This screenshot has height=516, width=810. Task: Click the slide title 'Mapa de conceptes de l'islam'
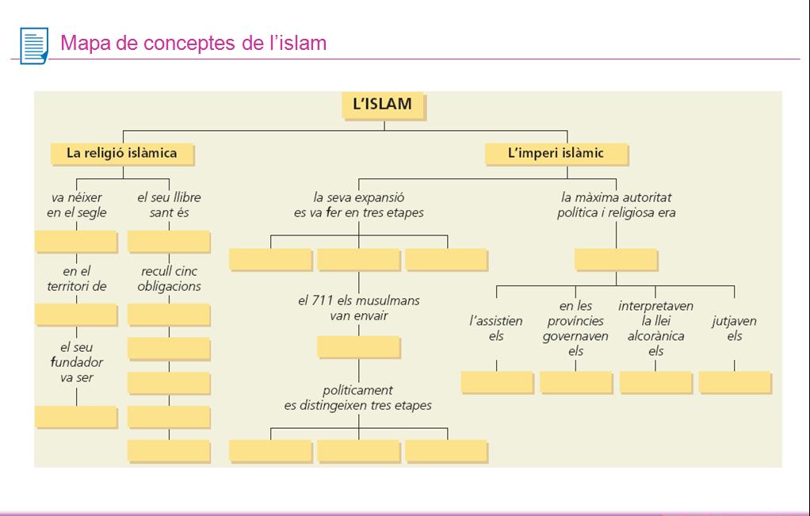[x=193, y=43]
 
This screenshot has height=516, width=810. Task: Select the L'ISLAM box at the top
[x=382, y=105]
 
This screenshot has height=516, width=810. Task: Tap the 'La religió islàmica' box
[x=121, y=153]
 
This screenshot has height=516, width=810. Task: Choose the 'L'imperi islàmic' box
[x=556, y=153]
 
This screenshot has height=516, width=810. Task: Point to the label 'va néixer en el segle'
[x=76, y=204]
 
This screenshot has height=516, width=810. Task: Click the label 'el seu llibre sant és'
[x=168, y=204]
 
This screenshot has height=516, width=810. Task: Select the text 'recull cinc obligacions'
[x=169, y=279]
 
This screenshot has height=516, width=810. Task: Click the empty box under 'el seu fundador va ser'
[x=76, y=416]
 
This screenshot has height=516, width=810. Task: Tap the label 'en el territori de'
[x=76, y=279]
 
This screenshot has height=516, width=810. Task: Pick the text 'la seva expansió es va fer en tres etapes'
[x=358, y=204]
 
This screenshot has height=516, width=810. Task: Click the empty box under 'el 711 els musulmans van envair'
[x=358, y=347]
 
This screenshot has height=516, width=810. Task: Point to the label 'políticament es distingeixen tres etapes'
[x=358, y=398]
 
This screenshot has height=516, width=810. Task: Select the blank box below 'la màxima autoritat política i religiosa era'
[x=615, y=259]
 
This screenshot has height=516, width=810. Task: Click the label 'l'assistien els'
[x=496, y=328]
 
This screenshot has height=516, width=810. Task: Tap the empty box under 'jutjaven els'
[x=734, y=382]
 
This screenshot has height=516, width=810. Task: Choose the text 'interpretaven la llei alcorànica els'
[x=655, y=328]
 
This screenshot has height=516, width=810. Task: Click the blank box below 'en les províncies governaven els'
[x=575, y=382]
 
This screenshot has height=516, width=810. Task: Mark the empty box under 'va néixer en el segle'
[x=76, y=241]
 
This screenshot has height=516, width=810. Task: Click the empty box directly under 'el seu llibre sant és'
[x=168, y=241]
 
